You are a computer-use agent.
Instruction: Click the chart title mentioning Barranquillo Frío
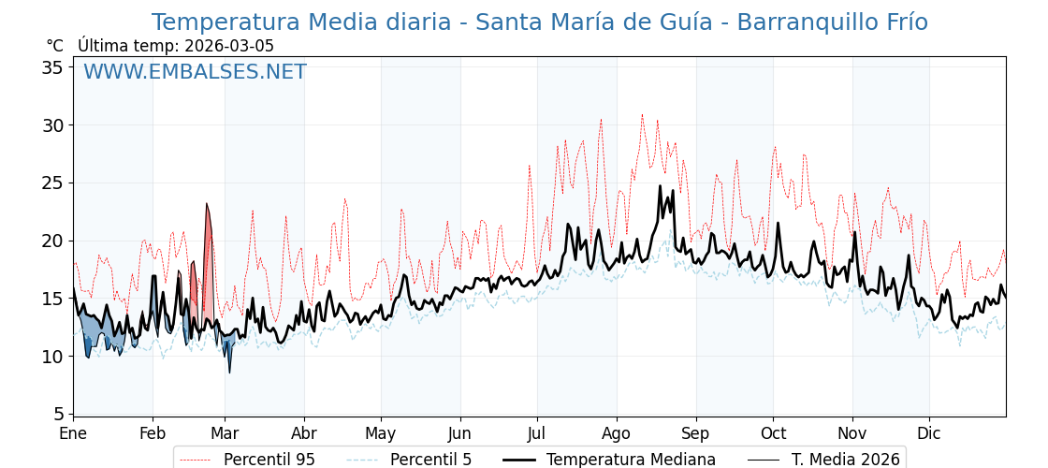click(x=539, y=22)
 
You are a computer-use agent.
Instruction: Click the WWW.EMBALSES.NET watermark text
click(x=195, y=72)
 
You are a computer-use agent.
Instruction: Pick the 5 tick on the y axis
click(x=59, y=414)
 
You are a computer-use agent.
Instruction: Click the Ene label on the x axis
click(x=73, y=433)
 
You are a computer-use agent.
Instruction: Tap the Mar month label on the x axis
click(x=225, y=433)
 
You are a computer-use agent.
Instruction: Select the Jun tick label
click(x=459, y=433)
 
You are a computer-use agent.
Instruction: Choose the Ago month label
click(x=616, y=433)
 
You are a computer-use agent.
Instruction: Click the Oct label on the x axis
click(x=773, y=433)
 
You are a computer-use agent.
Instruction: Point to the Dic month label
click(x=929, y=433)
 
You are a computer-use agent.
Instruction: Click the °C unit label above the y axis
click(x=54, y=46)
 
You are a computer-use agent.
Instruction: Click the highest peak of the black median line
click(x=660, y=186)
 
